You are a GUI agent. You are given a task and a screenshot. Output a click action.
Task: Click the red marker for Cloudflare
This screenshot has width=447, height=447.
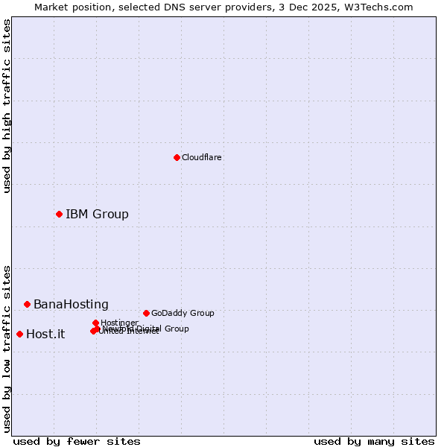(x=177, y=157)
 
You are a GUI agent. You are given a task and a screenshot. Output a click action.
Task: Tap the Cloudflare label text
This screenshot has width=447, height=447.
(x=201, y=157)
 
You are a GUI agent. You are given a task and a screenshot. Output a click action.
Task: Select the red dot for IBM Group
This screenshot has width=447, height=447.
(x=59, y=214)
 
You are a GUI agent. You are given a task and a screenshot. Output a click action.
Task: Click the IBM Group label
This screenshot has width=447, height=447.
(x=97, y=215)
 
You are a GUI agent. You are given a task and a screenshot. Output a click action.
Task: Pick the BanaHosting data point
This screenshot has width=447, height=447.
(x=27, y=304)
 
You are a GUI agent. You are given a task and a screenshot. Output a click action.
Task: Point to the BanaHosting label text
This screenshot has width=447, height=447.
(x=71, y=305)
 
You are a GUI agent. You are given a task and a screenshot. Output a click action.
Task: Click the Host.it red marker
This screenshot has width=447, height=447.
(x=19, y=334)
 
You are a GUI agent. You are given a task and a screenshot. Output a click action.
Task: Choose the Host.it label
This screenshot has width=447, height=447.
(x=45, y=335)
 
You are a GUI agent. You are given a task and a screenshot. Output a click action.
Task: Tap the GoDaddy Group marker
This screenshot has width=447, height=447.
(x=146, y=313)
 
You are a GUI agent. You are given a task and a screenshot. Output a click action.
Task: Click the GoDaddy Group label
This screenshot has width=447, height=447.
(x=183, y=313)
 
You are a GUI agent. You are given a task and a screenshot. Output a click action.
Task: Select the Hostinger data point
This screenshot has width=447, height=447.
(x=95, y=323)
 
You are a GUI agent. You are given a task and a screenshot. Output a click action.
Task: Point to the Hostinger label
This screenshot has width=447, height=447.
(x=119, y=323)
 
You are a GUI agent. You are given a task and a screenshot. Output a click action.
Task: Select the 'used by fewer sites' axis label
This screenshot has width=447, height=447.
(x=77, y=441)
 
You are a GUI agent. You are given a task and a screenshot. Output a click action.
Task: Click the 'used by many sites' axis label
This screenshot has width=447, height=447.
(x=374, y=441)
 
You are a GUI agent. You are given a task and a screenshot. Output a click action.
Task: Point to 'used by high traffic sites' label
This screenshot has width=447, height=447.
(x=7, y=106)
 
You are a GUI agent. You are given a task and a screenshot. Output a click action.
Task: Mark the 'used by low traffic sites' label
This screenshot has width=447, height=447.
(x=7, y=348)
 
